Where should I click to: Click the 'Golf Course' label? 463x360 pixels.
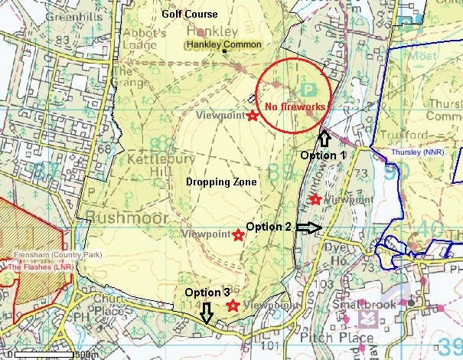pyautogui.click(x=190, y=14)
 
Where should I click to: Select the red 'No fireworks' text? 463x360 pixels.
pyautogui.click(x=295, y=106)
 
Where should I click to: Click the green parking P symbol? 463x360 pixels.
pyautogui.click(x=309, y=90)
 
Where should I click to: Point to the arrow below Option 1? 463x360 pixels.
pyautogui.click(x=323, y=137)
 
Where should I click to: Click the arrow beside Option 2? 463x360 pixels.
pyautogui.click(x=310, y=227)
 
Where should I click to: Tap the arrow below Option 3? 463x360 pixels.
pyautogui.click(x=206, y=313)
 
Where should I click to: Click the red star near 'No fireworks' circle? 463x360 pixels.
pyautogui.click(x=253, y=116)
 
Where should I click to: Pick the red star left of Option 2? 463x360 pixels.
pyautogui.click(x=238, y=234)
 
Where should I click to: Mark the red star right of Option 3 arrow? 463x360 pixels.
pyautogui.click(x=232, y=306)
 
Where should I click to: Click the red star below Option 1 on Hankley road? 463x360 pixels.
pyautogui.click(x=315, y=200)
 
